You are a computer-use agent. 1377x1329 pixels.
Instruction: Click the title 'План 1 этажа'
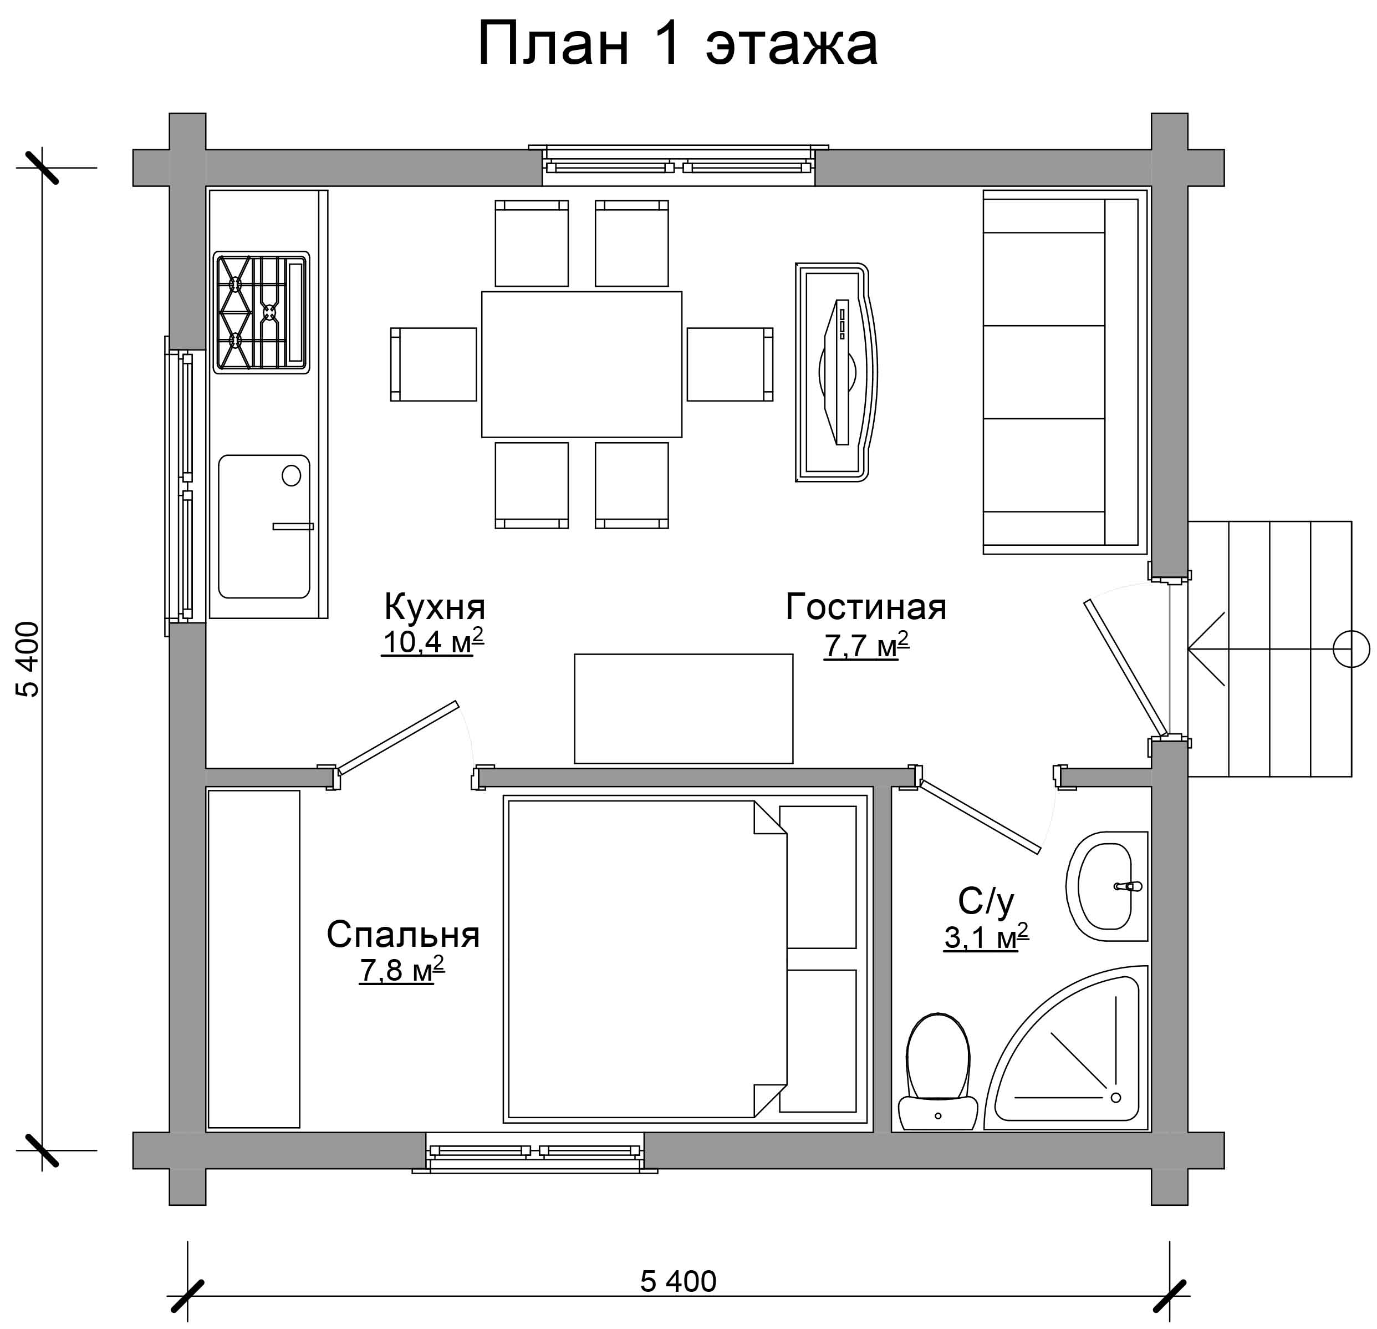coord(677,44)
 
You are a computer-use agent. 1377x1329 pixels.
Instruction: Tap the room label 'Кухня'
coord(434,606)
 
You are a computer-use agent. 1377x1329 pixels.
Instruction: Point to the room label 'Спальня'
coord(403,935)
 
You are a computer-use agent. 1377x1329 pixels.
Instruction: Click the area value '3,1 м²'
coord(986,937)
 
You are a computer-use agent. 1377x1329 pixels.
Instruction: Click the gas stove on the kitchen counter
coord(261,312)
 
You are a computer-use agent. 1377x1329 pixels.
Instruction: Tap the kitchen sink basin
coord(264,526)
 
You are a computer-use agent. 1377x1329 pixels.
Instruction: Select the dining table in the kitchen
coord(582,364)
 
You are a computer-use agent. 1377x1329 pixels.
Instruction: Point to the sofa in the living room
coord(1065,372)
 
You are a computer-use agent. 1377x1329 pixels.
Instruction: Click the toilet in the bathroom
coord(938,1072)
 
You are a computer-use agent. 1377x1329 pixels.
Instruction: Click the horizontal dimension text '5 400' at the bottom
coord(678,1281)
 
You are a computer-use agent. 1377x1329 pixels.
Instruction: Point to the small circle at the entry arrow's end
coord(1351,648)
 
